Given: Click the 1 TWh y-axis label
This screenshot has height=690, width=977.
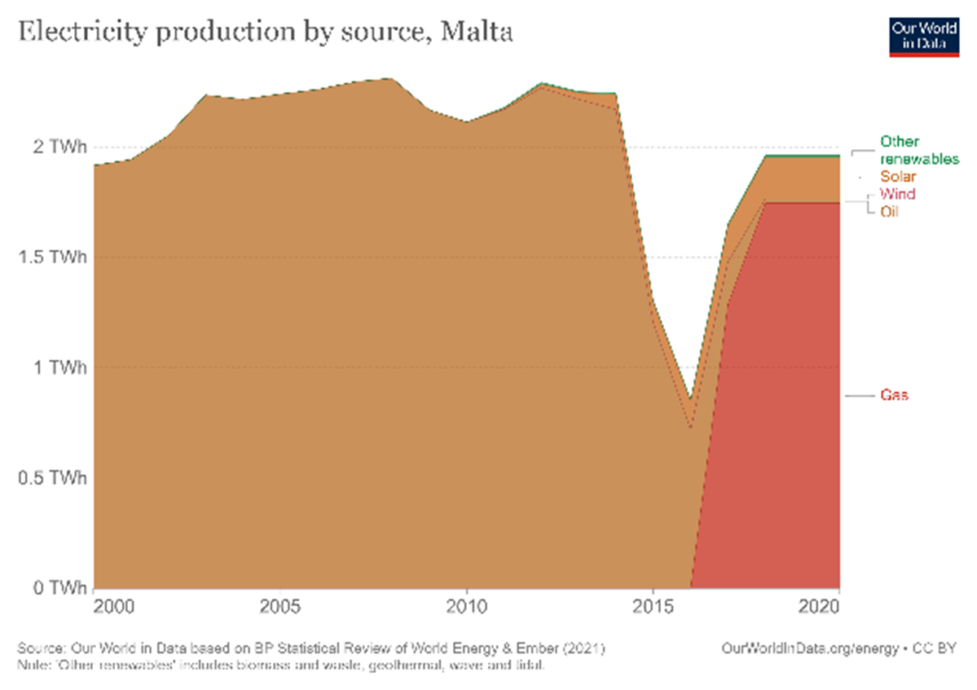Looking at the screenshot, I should [59, 367].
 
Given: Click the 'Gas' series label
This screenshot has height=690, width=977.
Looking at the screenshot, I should [894, 395].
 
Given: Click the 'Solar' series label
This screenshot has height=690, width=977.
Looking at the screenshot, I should [898, 176].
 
